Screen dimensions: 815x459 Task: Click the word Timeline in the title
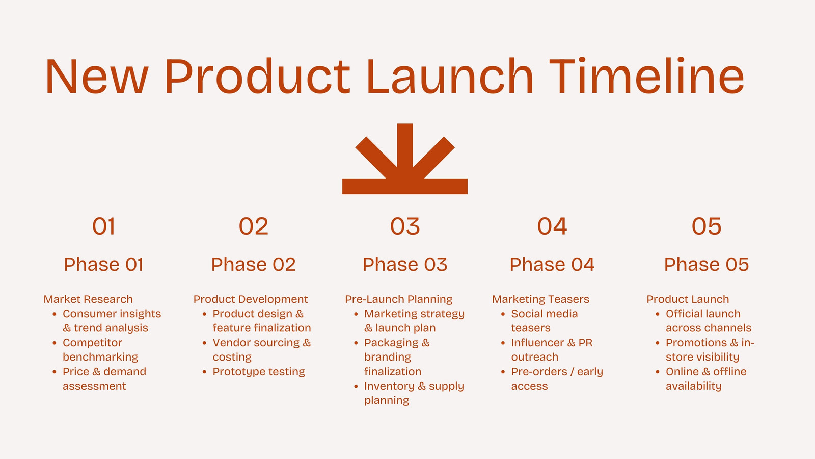(646, 76)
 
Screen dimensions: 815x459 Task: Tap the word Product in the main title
(258, 76)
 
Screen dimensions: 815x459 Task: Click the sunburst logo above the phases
(405, 159)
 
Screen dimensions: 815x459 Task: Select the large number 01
(104, 226)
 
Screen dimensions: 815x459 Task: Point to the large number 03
(405, 226)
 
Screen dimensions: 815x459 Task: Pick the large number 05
(706, 226)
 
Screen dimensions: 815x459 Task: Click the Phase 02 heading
(253, 265)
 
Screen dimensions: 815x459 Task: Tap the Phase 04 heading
(552, 265)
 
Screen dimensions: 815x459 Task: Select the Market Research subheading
(88, 299)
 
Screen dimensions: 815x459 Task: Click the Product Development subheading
(251, 299)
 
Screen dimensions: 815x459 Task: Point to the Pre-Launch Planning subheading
(399, 299)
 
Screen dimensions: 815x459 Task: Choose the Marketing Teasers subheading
(540, 299)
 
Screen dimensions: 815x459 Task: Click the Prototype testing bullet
(259, 372)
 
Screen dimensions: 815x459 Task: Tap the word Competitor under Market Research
(92, 343)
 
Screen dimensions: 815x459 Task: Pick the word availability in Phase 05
(693, 386)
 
